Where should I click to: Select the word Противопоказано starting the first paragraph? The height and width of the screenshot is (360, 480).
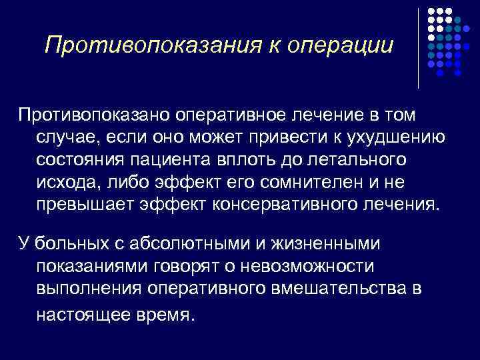click(94, 115)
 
